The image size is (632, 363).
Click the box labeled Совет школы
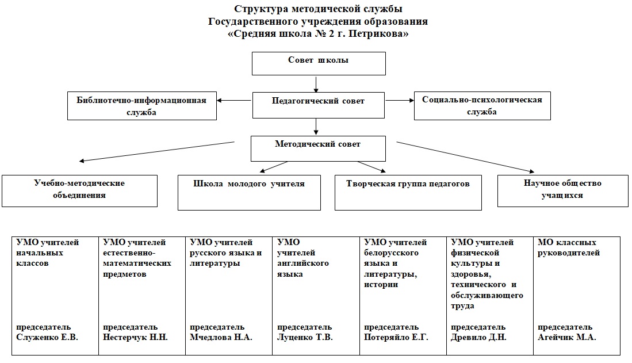[319, 63]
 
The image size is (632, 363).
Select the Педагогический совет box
[319, 105]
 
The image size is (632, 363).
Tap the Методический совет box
[318, 148]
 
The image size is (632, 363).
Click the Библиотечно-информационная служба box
[142, 106]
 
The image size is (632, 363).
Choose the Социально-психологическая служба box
[482, 106]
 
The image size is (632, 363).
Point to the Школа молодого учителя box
[249, 192]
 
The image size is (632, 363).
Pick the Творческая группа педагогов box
[408, 192]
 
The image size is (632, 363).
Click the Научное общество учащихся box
[562, 191]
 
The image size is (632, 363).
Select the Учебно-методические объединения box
[79, 191]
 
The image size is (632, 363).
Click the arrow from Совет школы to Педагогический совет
[316, 85]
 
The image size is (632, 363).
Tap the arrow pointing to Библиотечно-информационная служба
[234, 101]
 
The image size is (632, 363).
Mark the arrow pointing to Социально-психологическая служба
[400, 100]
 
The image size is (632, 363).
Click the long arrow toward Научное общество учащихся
[466, 157]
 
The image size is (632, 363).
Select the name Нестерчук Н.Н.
[135, 337]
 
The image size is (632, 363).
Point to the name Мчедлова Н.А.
[221, 337]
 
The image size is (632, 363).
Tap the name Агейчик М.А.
[566, 337]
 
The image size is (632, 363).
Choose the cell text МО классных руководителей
[569, 247]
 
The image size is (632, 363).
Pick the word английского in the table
[303, 263]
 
